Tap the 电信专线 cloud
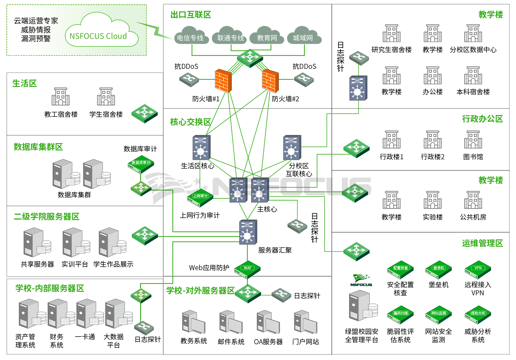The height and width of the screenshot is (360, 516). point(191,36)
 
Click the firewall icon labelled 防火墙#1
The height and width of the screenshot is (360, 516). point(223,81)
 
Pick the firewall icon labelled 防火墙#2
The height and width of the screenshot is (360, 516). point(270,81)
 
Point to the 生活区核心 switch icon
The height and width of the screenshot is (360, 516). point(201,148)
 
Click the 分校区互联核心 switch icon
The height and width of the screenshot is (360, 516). point(292,148)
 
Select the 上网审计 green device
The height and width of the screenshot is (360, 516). point(200,197)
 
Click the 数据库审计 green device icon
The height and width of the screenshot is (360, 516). point(141,164)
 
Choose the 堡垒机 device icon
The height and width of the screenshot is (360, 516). point(438,270)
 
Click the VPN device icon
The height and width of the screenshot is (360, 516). point(478,270)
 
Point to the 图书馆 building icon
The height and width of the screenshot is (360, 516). point(473,140)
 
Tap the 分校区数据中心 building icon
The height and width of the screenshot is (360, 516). point(473,33)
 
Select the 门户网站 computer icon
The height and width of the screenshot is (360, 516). point(305,322)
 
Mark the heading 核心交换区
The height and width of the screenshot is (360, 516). point(190,122)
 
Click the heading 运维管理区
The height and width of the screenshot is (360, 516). point(482,243)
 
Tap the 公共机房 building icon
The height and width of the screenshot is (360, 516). point(473,200)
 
